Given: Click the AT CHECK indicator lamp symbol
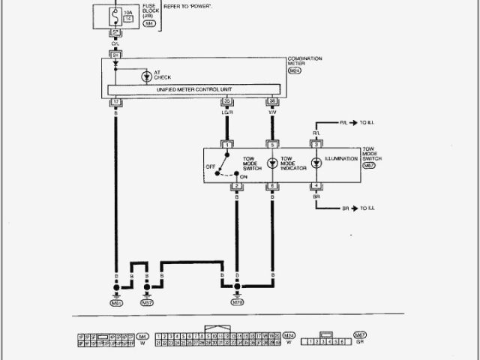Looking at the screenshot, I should pyautogui.click(x=145, y=75).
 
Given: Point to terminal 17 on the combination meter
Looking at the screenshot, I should pyautogui.click(x=115, y=101).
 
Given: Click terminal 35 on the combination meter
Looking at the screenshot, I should pyautogui.click(x=226, y=101).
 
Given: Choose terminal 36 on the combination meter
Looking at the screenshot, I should pyautogui.click(x=271, y=101).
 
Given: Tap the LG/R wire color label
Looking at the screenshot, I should pyautogui.click(x=226, y=114).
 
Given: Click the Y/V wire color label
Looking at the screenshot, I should pyautogui.click(x=271, y=114).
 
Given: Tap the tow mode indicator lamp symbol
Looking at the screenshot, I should pyautogui.click(x=272, y=162).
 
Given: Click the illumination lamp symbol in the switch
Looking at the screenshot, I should pyautogui.click(x=316, y=162).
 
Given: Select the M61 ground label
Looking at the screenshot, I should pyautogui.click(x=115, y=304).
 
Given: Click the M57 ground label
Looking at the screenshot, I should pyautogui.click(x=147, y=304).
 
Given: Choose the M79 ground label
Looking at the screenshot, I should pyautogui.click(x=237, y=304).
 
